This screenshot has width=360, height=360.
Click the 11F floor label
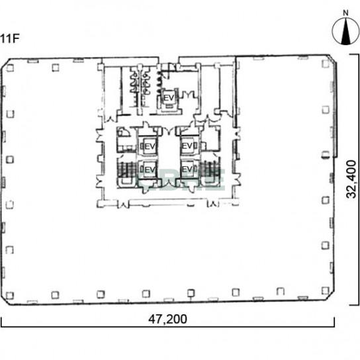(9, 38)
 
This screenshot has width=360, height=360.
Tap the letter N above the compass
(345, 13)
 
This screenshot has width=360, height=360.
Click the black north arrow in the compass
(345, 34)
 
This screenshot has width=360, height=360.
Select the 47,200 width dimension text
(167, 319)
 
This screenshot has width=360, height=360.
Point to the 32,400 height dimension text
(351, 179)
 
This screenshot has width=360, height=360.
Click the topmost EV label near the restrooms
(169, 98)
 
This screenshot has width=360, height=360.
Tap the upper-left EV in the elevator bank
(150, 146)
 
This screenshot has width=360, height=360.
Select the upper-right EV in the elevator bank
(187, 146)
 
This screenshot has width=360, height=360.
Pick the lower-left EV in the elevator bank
(150, 169)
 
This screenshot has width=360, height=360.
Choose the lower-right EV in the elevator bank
(187, 169)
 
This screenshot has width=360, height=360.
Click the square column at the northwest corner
(10, 67)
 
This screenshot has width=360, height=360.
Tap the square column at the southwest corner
(10, 296)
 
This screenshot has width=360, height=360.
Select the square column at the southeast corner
(326, 291)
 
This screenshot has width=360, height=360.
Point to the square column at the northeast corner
(326, 64)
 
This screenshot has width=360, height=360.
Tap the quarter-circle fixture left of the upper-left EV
(124, 132)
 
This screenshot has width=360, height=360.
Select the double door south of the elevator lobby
(169, 183)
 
